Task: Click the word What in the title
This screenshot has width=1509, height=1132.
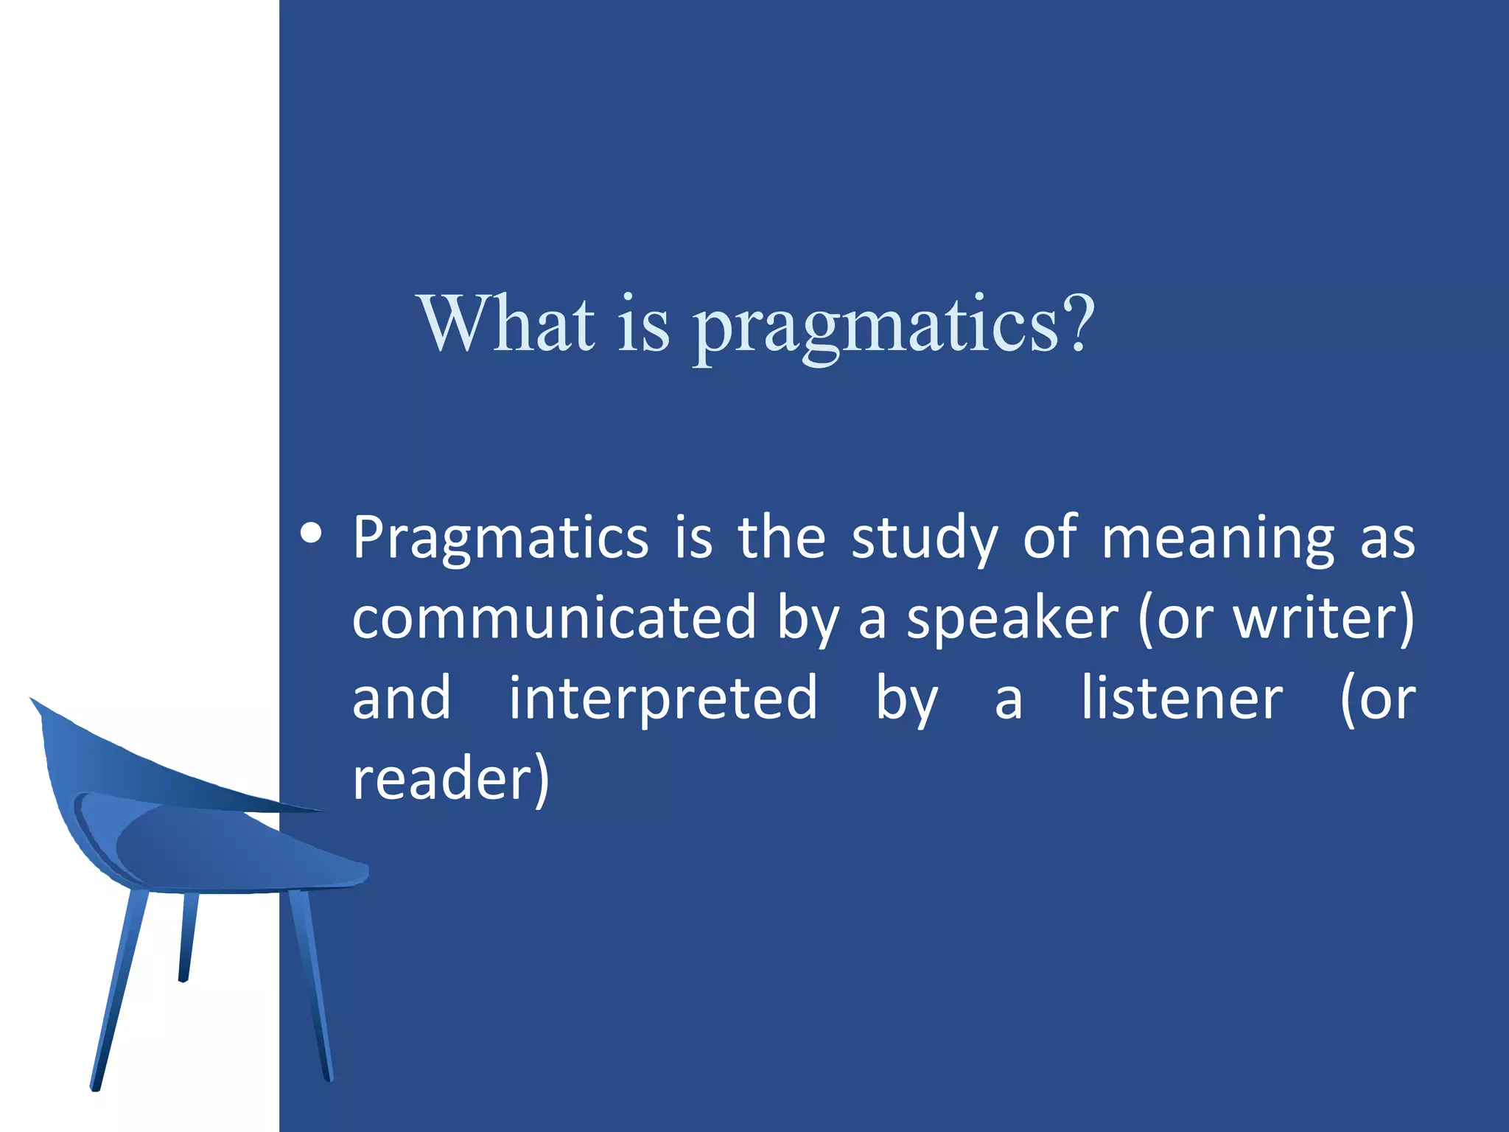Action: pyautogui.click(x=506, y=324)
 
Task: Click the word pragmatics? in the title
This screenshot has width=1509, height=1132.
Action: pyautogui.click(x=894, y=328)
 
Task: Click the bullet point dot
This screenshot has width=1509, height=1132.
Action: pyautogui.click(x=312, y=533)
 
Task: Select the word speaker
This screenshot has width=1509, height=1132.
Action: pyautogui.click(x=1012, y=619)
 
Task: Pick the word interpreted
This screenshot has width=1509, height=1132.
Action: pyautogui.click(x=663, y=699)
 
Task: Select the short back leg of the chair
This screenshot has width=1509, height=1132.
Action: pyautogui.click(x=188, y=936)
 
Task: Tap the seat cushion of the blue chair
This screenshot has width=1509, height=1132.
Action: pyautogui.click(x=221, y=848)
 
